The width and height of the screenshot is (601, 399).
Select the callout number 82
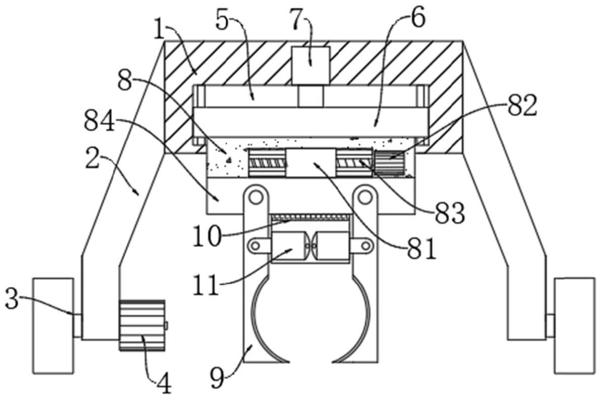pos(521,106)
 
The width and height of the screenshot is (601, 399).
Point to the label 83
pos(449,213)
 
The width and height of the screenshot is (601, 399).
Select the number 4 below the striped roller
pos(164,384)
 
